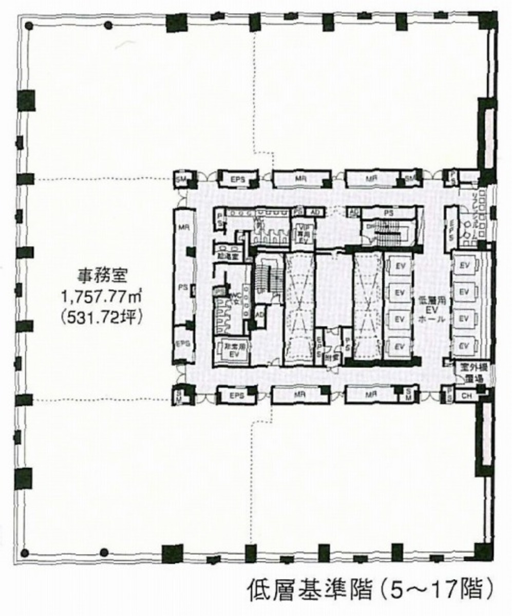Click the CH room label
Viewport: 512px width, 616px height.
(467, 396)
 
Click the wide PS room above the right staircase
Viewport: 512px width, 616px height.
(388, 212)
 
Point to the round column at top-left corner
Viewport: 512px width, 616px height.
(29, 25)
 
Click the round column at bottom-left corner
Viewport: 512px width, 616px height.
(24, 553)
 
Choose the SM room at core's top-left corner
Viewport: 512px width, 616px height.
(181, 178)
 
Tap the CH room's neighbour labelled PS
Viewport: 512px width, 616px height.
(450, 396)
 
